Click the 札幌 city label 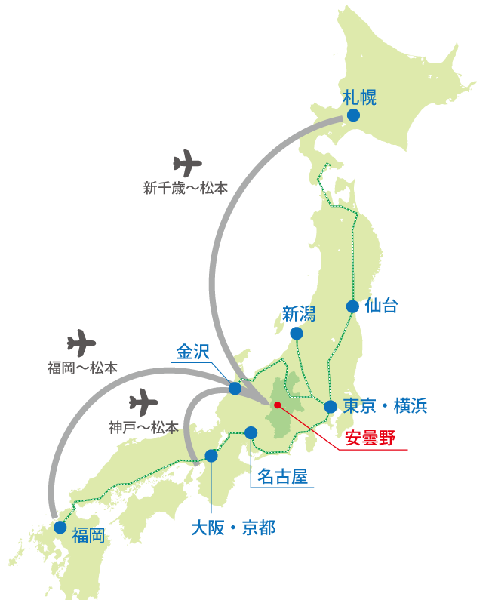click(x=359, y=97)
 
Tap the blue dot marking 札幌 click(x=353, y=115)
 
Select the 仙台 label click(x=381, y=306)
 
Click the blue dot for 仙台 click(x=352, y=306)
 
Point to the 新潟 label click(x=298, y=314)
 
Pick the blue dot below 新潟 click(x=297, y=333)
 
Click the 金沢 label click(x=192, y=352)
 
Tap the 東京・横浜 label click(x=385, y=406)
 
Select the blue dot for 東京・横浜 click(x=331, y=407)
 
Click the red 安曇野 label click(x=370, y=439)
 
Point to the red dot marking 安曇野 click(x=278, y=405)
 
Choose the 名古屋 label click(x=282, y=477)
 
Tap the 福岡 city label click(x=88, y=537)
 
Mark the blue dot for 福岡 click(x=60, y=527)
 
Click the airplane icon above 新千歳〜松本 click(x=187, y=163)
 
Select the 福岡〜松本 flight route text click(x=82, y=368)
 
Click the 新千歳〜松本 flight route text click(x=186, y=188)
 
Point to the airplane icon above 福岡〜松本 click(x=81, y=343)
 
